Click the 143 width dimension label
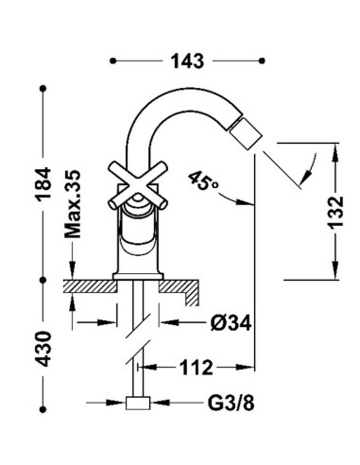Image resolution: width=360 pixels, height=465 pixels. (x=187, y=60)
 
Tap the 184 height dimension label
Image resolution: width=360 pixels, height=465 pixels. (x=43, y=184)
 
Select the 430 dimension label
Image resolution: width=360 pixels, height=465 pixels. (x=43, y=349)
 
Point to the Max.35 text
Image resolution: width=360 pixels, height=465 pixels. (x=73, y=204)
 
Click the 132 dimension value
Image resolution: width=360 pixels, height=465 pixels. (x=335, y=212)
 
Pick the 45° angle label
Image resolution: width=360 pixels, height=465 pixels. (x=204, y=181)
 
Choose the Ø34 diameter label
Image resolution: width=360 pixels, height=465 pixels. (x=231, y=323)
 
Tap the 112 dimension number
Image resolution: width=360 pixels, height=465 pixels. (x=196, y=368)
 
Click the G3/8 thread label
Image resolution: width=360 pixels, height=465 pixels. (x=231, y=403)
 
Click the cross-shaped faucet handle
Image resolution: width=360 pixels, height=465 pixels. (x=137, y=185)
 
